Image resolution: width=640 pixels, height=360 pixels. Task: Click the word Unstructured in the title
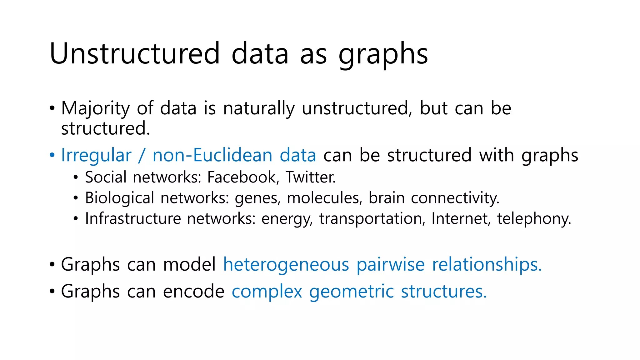[x=135, y=53]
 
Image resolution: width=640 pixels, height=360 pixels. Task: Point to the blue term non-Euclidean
[x=212, y=155]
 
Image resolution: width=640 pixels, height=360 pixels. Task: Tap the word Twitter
[x=311, y=177]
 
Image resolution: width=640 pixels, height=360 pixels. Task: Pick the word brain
[x=387, y=198]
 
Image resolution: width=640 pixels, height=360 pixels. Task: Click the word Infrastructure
[x=133, y=218]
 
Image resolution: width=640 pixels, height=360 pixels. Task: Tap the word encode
[x=194, y=291]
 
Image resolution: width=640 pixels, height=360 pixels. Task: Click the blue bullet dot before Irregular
[x=52, y=155]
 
